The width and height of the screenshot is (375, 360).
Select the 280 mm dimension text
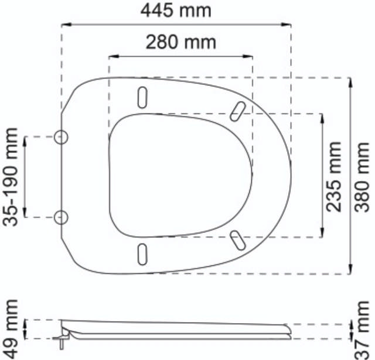(180, 42)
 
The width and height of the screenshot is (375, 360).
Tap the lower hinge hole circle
(61, 217)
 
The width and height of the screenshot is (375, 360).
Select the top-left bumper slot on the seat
(142, 96)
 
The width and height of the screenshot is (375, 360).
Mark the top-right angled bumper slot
(238, 109)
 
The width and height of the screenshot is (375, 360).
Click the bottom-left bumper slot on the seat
(142, 253)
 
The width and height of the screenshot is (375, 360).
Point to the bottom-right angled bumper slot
(237, 239)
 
